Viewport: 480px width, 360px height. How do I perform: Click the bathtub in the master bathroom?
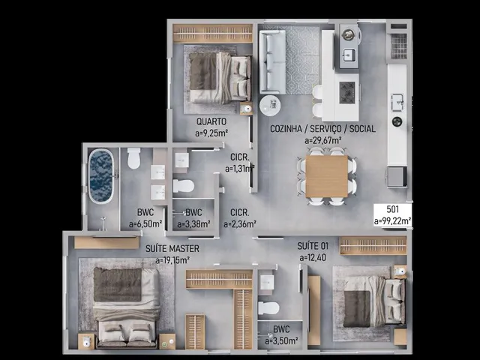[100, 176]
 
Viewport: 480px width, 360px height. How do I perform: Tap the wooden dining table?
[327, 176]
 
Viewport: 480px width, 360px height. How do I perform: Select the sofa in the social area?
[272, 61]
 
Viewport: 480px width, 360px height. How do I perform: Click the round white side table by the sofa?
[270, 106]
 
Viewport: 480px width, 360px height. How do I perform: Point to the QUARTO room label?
[211, 121]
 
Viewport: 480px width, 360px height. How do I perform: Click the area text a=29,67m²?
[323, 140]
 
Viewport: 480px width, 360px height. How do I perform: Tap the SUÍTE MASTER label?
[172, 248]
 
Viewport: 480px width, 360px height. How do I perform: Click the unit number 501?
[393, 209]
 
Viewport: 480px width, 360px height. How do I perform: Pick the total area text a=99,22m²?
[392, 221]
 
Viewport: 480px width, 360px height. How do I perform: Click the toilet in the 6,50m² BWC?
[133, 158]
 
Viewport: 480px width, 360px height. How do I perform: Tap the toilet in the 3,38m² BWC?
[183, 186]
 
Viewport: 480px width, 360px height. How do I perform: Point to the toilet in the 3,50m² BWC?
[268, 308]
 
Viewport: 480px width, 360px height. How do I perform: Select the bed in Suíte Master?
[126, 307]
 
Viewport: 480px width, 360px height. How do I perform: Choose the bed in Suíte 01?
[373, 301]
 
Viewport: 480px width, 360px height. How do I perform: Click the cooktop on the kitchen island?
[346, 92]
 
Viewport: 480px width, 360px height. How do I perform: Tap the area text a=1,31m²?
[240, 169]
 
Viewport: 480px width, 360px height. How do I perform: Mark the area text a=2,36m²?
[240, 224]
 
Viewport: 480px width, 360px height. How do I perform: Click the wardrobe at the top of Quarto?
[213, 33]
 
